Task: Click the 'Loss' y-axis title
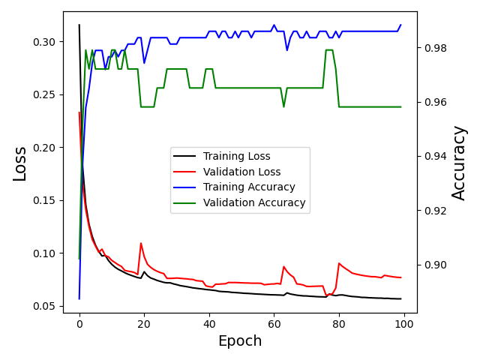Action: point(20,163)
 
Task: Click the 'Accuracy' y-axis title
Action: point(459,163)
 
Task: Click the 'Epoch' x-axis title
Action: point(239,341)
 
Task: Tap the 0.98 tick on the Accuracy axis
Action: point(434,48)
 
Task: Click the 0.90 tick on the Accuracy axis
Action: point(434,265)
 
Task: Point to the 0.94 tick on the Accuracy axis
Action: point(434,156)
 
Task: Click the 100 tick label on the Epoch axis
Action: point(403,323)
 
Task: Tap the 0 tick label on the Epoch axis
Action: point(79,323)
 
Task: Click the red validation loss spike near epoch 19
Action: point(141,243)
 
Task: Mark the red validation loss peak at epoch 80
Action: point(339,263)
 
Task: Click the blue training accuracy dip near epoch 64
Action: point(287,50)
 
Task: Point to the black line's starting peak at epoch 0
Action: point(79,25)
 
